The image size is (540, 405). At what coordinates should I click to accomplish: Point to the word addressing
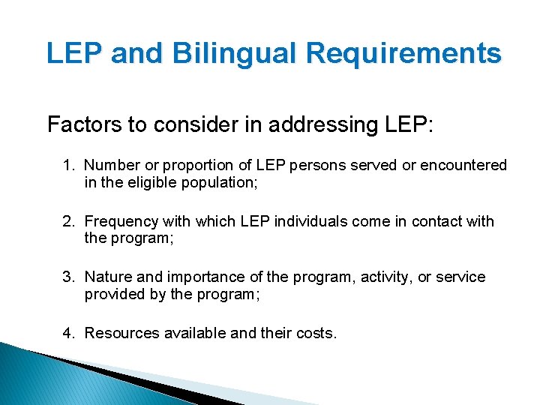pyautogui.click(x=296, y=124)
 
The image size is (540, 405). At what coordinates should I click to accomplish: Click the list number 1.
pyautogui.click(x=68, y=165)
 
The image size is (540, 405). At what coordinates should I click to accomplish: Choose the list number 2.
pyautogui.click(x=68, y=221)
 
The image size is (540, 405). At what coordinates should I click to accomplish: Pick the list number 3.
pyautogui.click(x=68, y=277)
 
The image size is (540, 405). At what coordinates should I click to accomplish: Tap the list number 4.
pyautogui.click(x=68, y=333)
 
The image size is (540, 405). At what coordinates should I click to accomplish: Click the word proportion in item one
pyautogui.click(x=196, y=166)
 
